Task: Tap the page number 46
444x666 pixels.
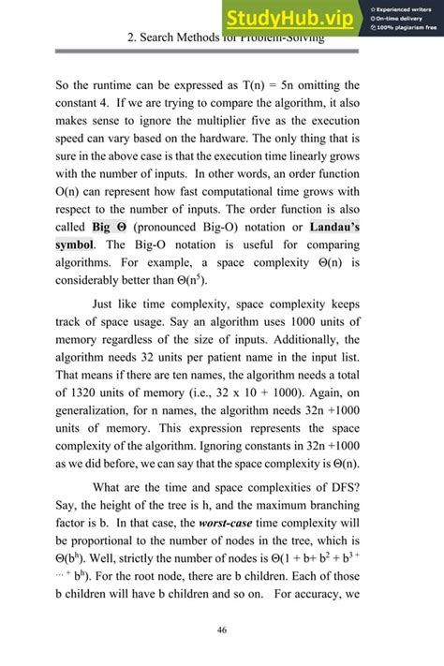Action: [222, 629]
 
